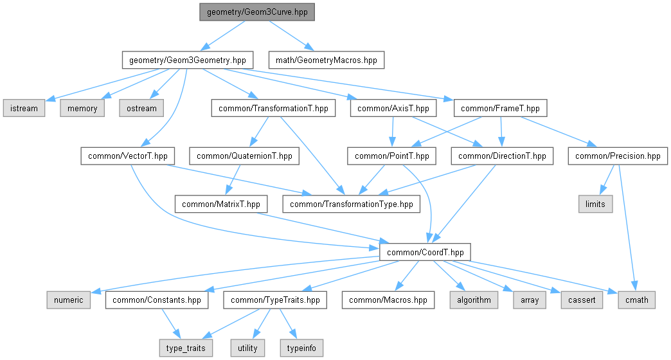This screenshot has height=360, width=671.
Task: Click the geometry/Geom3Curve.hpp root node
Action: pos(256,12)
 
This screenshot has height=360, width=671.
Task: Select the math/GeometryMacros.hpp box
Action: pos(326,60)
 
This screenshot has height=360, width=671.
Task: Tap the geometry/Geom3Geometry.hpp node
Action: pos(188,60)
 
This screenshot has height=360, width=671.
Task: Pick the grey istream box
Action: pos(24,108)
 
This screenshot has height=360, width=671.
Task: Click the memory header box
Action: pos(82,108)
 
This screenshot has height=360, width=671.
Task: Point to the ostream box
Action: pos(141,108)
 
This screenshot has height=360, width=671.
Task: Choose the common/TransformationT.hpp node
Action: pos(273,108)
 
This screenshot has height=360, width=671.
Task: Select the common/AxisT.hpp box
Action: pos(393,108)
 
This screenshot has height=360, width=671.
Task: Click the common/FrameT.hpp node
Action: pos(500,108)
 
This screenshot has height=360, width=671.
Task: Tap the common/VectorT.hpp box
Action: pos(127,156)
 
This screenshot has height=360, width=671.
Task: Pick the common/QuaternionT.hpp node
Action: pos(244,156)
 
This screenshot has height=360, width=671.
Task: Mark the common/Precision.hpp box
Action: pos(618,156)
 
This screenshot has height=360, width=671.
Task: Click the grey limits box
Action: pos(595,204)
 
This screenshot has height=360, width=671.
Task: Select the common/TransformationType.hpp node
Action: pos(352,204)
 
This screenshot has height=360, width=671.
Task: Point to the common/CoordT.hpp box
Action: pos(425,252)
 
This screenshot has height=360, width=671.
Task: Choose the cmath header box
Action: pos(636,300)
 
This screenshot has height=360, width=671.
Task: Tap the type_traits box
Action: pos(186,348)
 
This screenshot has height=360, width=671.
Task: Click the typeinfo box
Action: pos(301,348)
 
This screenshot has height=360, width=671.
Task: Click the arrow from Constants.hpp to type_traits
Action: pos(170,323)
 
